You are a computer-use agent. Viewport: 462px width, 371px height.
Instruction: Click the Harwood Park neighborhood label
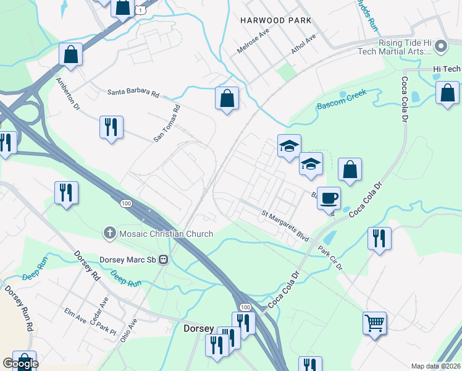pos(275,20)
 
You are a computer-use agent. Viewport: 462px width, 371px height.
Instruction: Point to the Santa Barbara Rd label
pos(133,93)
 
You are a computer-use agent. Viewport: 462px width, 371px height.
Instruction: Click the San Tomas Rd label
pos(167,124)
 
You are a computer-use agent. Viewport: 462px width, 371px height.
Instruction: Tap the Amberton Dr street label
pos(68,93)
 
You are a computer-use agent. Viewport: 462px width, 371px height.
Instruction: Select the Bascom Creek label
pos(342,100)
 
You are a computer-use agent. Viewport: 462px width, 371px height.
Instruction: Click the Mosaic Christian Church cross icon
pos(109,233)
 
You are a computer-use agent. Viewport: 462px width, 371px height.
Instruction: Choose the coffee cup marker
pos(329,198)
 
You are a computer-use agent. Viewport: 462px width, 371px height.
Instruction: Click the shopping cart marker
pos(374,323)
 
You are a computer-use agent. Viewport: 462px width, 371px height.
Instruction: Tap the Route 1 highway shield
pos(141,10)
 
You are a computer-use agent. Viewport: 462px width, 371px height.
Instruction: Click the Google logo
pos(20,364)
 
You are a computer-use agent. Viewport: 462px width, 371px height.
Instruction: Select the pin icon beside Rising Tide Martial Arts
pos(440,46)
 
